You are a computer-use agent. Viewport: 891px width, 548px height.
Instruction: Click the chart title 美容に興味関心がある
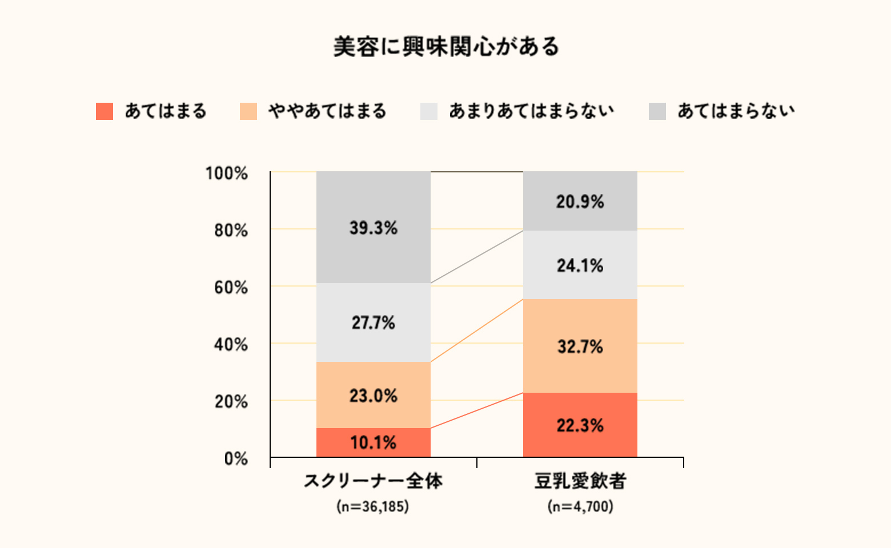[446, 47]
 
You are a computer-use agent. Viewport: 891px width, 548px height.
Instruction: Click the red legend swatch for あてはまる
[105, 111]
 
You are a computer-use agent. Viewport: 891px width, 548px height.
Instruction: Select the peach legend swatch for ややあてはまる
[248, 111]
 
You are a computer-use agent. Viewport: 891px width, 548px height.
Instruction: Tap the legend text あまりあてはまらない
[531, 111]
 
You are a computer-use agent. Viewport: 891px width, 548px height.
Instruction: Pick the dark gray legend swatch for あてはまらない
[657, 111]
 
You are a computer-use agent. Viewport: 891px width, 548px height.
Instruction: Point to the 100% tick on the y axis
[227, 174]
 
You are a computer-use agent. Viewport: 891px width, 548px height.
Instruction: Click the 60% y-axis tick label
[231, 288]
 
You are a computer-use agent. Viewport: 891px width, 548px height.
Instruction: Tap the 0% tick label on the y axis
[236, 459]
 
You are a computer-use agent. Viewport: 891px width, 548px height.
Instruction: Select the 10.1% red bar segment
[373, 442]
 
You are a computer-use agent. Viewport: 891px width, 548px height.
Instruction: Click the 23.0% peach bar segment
[373, 395]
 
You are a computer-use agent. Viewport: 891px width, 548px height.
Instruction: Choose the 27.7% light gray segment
[373, 323]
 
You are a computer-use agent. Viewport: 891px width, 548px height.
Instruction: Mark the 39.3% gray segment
[373, 228]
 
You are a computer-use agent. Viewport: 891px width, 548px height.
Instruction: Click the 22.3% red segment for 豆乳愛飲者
[580, 425]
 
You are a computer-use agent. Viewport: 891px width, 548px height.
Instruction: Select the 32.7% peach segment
[580, 346]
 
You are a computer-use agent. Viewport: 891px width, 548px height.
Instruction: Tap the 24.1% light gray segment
[580, 265]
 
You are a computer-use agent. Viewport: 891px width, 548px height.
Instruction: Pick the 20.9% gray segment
[580, 201]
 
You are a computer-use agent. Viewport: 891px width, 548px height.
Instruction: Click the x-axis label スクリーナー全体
[373, 481]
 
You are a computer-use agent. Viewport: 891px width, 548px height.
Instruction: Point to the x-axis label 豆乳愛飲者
[580, 481]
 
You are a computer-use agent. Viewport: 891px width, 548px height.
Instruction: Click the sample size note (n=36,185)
[373, 506]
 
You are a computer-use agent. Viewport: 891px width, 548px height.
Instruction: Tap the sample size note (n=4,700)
[580, 506]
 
